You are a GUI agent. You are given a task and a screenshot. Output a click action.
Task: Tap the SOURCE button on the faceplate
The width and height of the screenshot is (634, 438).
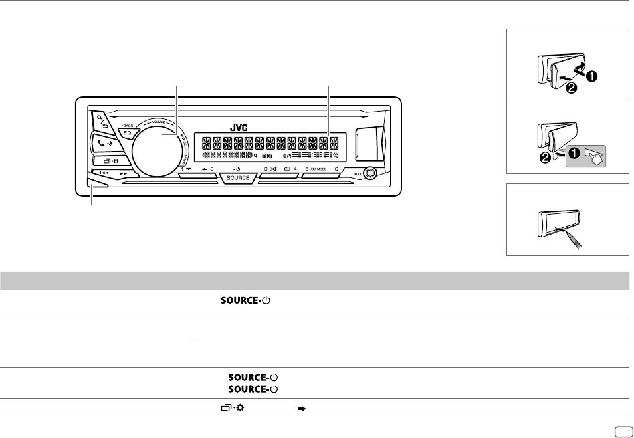[238, 178]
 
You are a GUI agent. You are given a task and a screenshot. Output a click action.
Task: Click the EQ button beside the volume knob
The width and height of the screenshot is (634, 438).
[126, 133]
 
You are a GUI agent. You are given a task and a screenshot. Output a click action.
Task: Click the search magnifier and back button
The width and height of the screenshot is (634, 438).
[102, 122]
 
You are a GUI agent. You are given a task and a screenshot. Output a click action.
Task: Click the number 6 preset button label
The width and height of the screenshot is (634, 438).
[337, 169]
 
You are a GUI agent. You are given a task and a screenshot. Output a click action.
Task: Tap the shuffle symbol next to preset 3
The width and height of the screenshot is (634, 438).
[275, 169]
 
